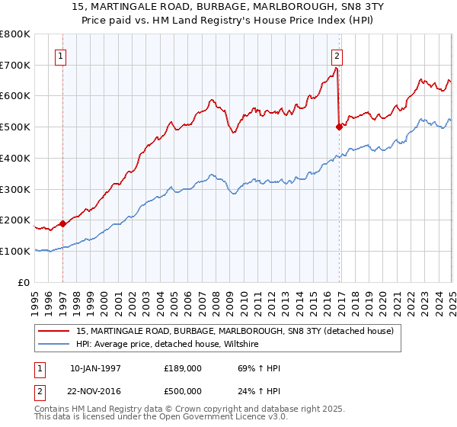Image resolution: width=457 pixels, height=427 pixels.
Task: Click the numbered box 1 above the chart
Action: click(60, 55)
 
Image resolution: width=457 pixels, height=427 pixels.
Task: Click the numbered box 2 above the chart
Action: click(337, 55)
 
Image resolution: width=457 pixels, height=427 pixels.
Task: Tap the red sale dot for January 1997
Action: click(63, 223)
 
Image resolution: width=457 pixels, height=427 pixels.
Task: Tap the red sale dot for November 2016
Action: click(339, 127)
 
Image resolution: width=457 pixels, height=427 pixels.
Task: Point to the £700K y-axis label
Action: click(15, 65)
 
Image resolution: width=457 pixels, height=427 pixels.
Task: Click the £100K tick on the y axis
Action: click(15, 251)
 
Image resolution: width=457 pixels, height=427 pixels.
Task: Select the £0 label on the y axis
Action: click(24, 282)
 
